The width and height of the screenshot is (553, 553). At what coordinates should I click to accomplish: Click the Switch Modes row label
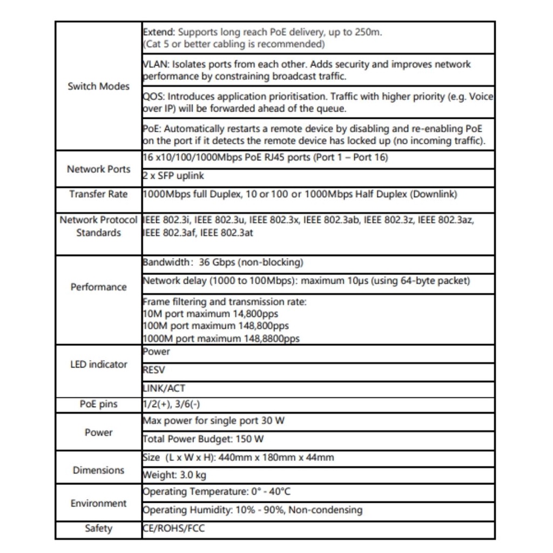pyautogui.click(x=98, y=86)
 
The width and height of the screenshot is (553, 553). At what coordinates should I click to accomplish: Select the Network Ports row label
pyautogui.click(x=98, y=169)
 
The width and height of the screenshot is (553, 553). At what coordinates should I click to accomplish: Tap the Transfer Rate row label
pyautogui.click(x=98, y=194)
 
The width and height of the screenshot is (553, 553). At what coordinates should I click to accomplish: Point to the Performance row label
pyautogui.click(x=98, y=287)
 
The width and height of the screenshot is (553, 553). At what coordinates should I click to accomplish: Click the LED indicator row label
pyautogui.click(x=98, y=365)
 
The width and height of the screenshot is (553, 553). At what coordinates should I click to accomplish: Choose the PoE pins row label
pyautogui.click(x=98, y=404)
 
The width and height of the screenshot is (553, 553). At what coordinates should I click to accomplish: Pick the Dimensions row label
pyautogui.click(x=98, y=470)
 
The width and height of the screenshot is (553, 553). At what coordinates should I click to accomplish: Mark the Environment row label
pyautogui.click(x=98, y=503)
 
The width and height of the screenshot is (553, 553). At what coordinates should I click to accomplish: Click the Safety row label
pyautogui.click(x=98, y=528)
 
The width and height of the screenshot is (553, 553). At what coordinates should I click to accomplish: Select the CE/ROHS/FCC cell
pyautogui.click(x=174, y=528)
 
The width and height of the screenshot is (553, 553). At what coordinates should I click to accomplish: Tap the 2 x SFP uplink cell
pyautogui.click(x=173, y=176)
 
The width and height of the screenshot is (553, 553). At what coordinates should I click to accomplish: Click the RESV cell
pyautogui.click(x=154, y=370)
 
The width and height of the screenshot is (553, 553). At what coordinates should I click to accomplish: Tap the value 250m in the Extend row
pyautogui.click(x=368, y=32)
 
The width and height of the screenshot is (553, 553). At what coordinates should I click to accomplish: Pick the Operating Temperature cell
pyautogui.click(x=217, y=492)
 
